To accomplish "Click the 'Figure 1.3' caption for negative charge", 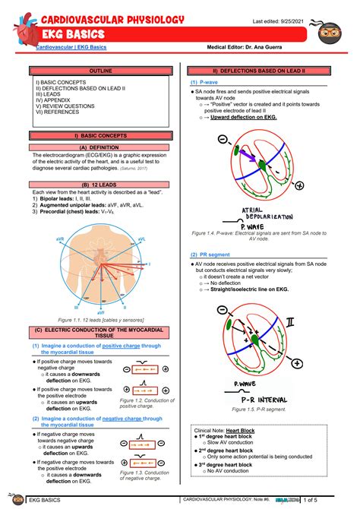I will pyautogui.click(x=146, y=475).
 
